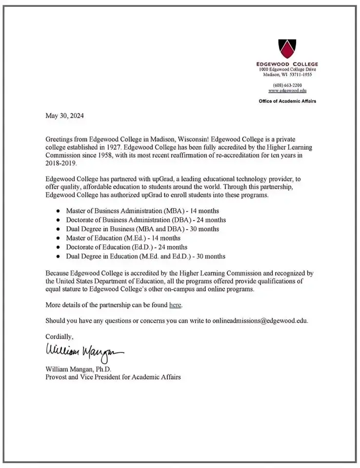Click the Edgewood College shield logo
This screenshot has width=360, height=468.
pos(287,48)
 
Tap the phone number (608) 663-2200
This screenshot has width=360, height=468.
pos(287,85)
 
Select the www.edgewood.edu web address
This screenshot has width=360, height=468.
pos(287,91)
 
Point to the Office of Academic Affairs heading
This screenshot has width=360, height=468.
pos(287,101)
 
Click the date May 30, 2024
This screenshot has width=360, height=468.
pos(64,116)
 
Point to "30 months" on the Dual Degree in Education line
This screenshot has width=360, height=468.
pos(210,256)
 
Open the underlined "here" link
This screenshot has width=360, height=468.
pos(175,305)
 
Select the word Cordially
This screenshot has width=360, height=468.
pos(59,336)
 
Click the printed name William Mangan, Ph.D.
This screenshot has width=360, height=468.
pos(79,369)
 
